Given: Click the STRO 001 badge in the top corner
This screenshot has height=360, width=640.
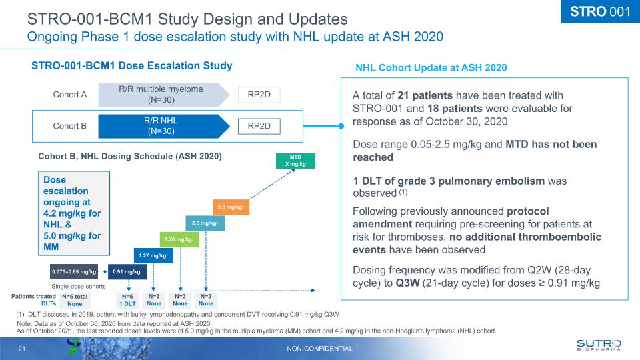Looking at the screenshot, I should (x=598, y=13).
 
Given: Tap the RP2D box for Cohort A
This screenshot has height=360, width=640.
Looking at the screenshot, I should (x=259, y=95).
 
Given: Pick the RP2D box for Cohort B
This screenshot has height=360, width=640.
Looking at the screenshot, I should (x=259, y=125).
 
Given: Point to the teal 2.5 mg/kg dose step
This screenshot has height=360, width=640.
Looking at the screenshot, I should (x=205, y=223).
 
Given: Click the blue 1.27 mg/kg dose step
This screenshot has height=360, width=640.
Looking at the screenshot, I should (x=153, y=255).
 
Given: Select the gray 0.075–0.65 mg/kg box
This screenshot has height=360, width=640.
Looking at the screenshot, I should (x=74, y=271).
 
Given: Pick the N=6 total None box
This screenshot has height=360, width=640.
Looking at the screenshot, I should (x=75, y=299).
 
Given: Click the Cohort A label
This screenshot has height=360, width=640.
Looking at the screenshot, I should (x=70, y=95).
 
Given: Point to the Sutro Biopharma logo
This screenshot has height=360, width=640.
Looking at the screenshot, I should (x=598, y=345).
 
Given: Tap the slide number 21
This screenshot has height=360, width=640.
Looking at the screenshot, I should (x=21, y=349).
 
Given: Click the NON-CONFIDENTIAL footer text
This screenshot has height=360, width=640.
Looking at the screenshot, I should (x=320, y=349).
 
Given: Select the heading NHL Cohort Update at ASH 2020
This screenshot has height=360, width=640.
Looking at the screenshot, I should (x=431, y=67).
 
